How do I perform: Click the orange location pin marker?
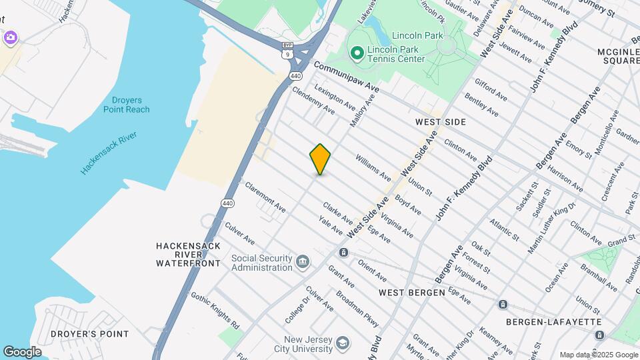(320, 159)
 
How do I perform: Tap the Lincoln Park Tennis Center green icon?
(356, 53)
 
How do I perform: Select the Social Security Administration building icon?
(303, 260)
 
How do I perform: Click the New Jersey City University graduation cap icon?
(343, 342)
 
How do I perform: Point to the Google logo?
(22, 352)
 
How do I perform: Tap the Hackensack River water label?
(109, 153)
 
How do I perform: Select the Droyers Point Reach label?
(127, 105)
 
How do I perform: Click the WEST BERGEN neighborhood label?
(411, 292)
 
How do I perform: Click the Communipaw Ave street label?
(345, 77)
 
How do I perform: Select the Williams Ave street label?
(373, 167)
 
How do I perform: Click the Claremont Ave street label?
(265, 197)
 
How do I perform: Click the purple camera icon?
(9, 37)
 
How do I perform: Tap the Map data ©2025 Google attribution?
(598, 355)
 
